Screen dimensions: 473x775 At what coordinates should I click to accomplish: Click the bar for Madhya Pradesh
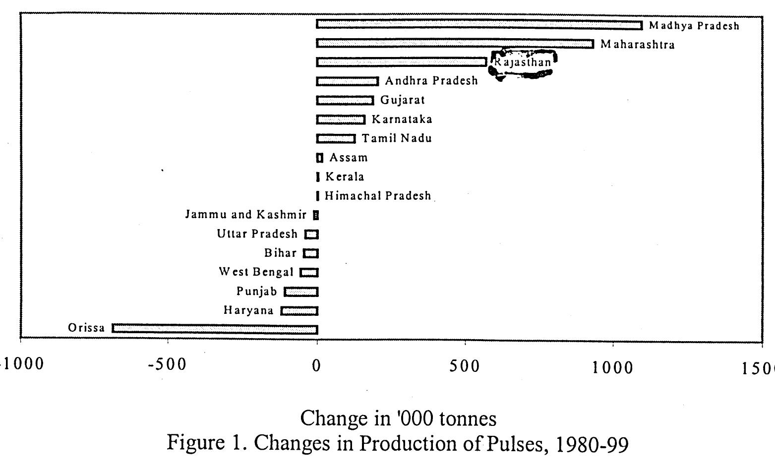click(479, 25)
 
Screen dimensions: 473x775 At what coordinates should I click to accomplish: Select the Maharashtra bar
click(455, 44)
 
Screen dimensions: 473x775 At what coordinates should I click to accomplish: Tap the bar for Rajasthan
click(402, 62)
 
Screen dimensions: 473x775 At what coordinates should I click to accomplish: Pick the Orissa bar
click(215, 329)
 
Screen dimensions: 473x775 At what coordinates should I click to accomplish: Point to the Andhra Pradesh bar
click(348, 81)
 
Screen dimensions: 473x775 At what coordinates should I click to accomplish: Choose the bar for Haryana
click(299, 311)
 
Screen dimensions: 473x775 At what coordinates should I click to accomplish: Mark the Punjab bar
click(301, 292)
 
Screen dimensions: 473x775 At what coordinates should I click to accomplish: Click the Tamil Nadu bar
click(336, 138)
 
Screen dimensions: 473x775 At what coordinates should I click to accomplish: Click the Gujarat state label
click(403, 100)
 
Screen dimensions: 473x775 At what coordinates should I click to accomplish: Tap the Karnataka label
click(402, 119)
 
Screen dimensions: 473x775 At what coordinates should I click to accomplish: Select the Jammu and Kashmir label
click(246, 215)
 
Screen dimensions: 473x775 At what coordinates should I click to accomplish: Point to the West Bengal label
click(256, 272)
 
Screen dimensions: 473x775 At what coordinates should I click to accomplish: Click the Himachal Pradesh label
click(378, 196)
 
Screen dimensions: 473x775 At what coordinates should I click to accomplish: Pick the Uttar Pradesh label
click(257, 234)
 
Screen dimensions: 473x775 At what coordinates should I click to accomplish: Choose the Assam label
click(349, 158)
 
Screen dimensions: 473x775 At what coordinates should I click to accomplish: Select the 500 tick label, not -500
click(465, 366)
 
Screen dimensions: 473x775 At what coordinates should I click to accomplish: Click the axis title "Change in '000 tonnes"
click(398, 418)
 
